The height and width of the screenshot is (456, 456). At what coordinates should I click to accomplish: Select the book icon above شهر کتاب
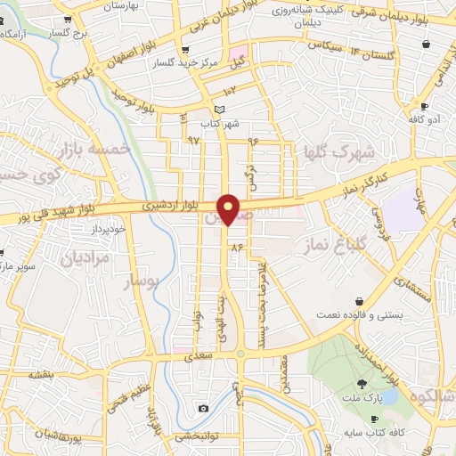[x=207, y=109]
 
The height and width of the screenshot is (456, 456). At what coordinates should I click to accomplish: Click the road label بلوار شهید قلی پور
[x=42, y=216]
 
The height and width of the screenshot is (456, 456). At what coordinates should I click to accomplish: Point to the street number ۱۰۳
[x=229, y=90]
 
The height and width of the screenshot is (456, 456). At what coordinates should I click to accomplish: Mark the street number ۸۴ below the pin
[x=236, y=247]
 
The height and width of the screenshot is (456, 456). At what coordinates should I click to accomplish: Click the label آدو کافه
[x=426, y=119]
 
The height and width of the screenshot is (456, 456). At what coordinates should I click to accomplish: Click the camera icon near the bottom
[x=203, y=409]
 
